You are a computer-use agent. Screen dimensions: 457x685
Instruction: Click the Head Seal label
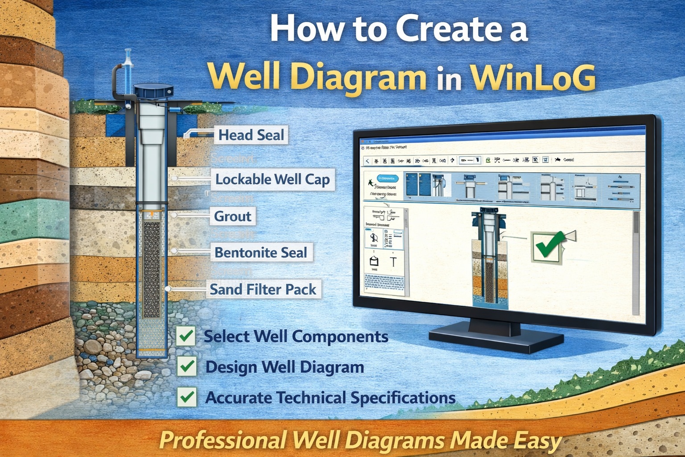point(251,135)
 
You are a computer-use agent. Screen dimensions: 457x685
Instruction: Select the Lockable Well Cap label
point(272,179)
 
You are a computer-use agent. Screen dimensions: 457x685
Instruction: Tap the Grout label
point(233,216)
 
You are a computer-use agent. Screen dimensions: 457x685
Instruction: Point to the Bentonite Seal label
point(261,253)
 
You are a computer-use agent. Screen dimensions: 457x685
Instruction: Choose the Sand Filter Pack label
point(263,289)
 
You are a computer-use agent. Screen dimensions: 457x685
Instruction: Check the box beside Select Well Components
point(186,336)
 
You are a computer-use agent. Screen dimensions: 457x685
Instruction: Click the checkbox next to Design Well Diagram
point(186,366)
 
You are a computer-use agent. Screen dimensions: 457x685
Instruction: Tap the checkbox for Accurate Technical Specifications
point(186,397)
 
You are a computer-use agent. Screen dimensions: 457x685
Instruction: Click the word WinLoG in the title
point(533,77)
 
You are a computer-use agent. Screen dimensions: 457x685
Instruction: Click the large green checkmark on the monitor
point(547,245)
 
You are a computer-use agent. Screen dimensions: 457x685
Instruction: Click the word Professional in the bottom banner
point(223,440)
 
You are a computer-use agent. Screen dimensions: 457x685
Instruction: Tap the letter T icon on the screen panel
point(393,262)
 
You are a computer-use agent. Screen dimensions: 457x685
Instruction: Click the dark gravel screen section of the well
point(152,268)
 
